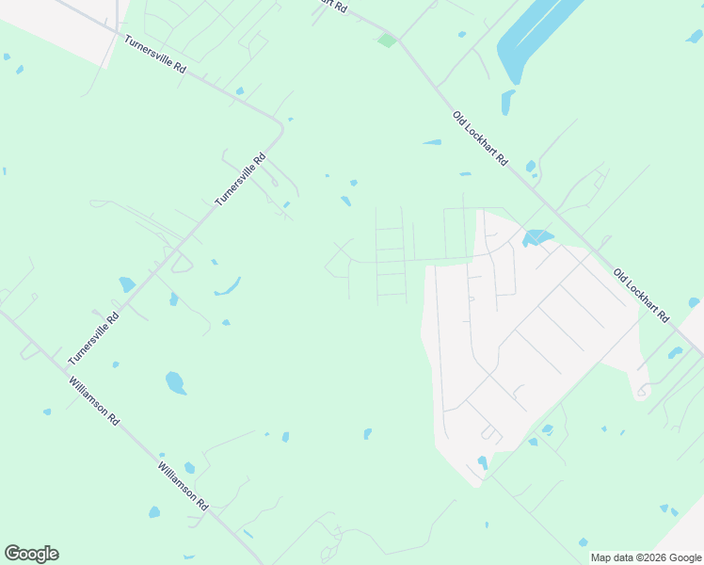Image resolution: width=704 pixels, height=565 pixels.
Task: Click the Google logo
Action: [x=31, y=554]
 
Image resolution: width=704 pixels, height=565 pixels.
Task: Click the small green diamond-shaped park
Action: [x=386, y=40]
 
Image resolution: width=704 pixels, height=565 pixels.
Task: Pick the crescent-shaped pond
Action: [x=227, y=287]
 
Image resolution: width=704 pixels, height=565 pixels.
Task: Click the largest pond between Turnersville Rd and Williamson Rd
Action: [x=175, y=382]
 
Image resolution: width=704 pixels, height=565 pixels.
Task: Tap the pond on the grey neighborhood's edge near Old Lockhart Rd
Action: [x=536, y=237]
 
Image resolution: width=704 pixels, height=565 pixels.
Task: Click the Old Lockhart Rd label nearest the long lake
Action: [x=480, y=139]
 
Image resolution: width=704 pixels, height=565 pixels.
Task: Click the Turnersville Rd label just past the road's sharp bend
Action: [x=241, y=180]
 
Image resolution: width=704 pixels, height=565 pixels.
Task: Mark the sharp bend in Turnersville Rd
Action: [x=280, y=126]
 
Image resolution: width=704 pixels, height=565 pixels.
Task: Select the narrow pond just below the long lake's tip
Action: [x=507, y=101]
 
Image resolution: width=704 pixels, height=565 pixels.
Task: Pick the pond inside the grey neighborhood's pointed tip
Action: [x=483, y=462]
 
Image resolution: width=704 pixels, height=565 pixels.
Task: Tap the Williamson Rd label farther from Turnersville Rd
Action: [x=183, y=486]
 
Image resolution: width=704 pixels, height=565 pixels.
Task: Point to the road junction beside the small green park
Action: [x=400, y=41]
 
